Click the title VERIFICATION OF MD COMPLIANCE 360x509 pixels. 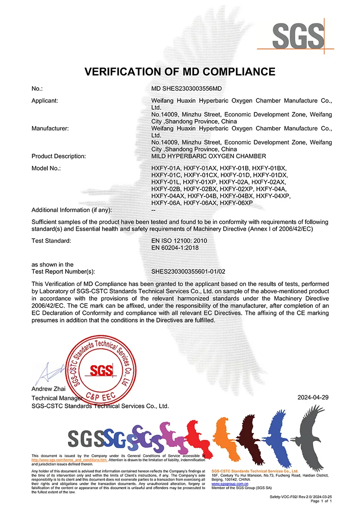coord(180,71)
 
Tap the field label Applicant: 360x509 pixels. coord(45,101)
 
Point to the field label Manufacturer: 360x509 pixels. coord(50,129)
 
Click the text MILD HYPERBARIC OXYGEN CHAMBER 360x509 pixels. coord(209,156)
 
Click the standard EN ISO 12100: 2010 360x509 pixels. coord(180,241)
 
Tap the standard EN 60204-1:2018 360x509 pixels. coord(175,248)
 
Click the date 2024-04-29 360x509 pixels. coord(313,397)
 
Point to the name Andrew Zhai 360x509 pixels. coord(49,388)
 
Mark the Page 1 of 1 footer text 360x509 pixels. coord(321,500)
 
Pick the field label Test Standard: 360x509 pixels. coord(51,241)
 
